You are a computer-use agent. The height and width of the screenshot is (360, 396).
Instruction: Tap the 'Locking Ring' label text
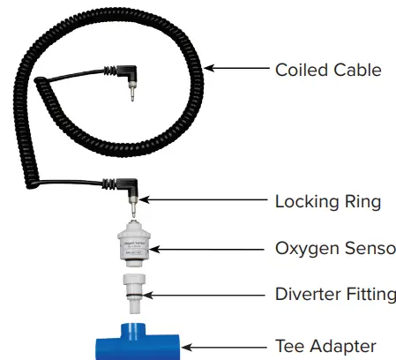[x=327, y=202]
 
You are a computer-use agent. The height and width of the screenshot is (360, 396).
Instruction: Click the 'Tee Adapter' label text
[x=325, y=346]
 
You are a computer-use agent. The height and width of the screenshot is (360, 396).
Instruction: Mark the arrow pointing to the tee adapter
[x=225, y=347]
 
